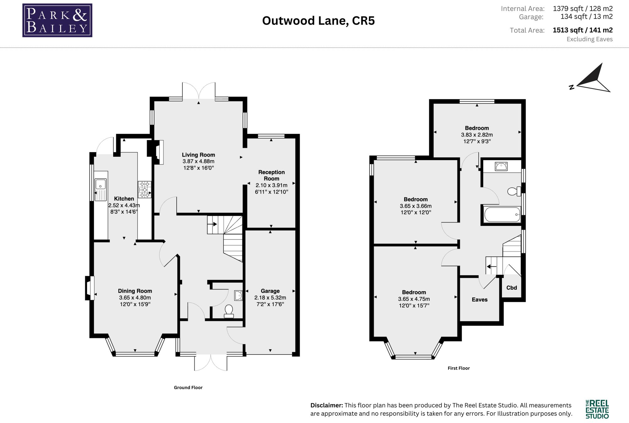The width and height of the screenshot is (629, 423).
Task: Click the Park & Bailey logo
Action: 57,20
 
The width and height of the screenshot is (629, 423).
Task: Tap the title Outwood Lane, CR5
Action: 318,21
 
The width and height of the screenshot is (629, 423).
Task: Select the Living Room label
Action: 198,155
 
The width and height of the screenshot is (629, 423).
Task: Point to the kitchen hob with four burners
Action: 144,190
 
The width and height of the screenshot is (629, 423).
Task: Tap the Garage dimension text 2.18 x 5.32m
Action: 270,298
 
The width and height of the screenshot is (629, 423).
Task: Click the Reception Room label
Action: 271,175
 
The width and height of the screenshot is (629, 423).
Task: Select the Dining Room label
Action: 135,291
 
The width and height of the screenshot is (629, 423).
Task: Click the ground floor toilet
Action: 229,311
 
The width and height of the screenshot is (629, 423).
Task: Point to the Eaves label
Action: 480,300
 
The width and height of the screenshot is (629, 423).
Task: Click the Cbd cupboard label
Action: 512,287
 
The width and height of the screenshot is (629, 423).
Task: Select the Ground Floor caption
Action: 188,387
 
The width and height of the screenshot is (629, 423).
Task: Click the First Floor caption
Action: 459,368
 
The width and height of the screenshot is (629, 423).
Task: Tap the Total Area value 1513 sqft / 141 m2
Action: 583,30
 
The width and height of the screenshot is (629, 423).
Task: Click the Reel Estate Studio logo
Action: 597,409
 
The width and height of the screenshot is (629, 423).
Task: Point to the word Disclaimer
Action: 327,405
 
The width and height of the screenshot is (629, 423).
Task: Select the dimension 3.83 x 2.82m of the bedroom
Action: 477,135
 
